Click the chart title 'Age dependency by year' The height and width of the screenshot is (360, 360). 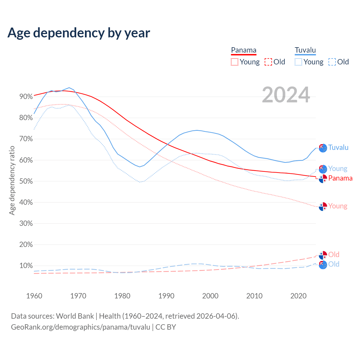[79, 33]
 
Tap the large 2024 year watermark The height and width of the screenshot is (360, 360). [286, 95]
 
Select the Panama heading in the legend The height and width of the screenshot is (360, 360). [244, 50]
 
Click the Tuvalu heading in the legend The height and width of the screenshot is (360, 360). [305, 50]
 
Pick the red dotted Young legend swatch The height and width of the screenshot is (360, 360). [235, 62]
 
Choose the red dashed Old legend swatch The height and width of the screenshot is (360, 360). [268, 62]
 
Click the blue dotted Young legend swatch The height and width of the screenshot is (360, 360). [298, 62]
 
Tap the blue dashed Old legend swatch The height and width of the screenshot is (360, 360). [332, 62]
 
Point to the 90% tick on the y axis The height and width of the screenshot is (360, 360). [26, 97]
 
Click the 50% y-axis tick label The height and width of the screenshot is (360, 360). [26, 181]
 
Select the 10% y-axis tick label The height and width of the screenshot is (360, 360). [26, 266]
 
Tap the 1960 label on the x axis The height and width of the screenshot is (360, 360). [34, 296]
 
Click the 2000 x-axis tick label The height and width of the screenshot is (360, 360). [210, 296]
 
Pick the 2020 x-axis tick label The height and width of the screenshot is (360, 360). [298, 296]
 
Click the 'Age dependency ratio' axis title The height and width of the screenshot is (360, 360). [12, 180]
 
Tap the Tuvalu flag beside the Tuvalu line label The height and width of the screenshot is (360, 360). [323, 148]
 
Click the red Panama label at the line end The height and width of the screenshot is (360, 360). [340, 178]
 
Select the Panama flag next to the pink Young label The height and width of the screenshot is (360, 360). [323, 206]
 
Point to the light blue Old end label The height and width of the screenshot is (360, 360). [334, 264]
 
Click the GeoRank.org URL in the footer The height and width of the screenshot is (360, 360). [80, 327]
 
